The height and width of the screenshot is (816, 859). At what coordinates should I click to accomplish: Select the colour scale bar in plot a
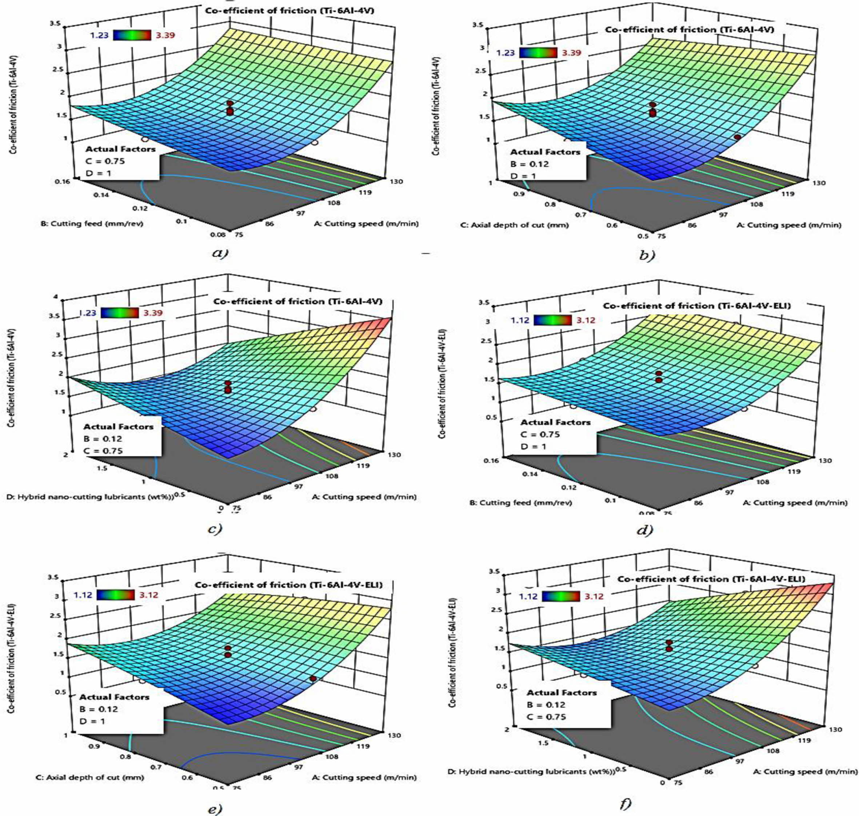(131, 35)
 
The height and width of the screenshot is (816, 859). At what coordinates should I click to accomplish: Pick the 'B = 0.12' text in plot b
(529, 164)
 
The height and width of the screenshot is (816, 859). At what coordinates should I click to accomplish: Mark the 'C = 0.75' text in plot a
(105, 161)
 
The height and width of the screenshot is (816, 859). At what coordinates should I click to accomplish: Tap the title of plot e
(289, 585)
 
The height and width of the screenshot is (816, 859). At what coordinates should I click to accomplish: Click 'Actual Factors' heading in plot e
(115, 697)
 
